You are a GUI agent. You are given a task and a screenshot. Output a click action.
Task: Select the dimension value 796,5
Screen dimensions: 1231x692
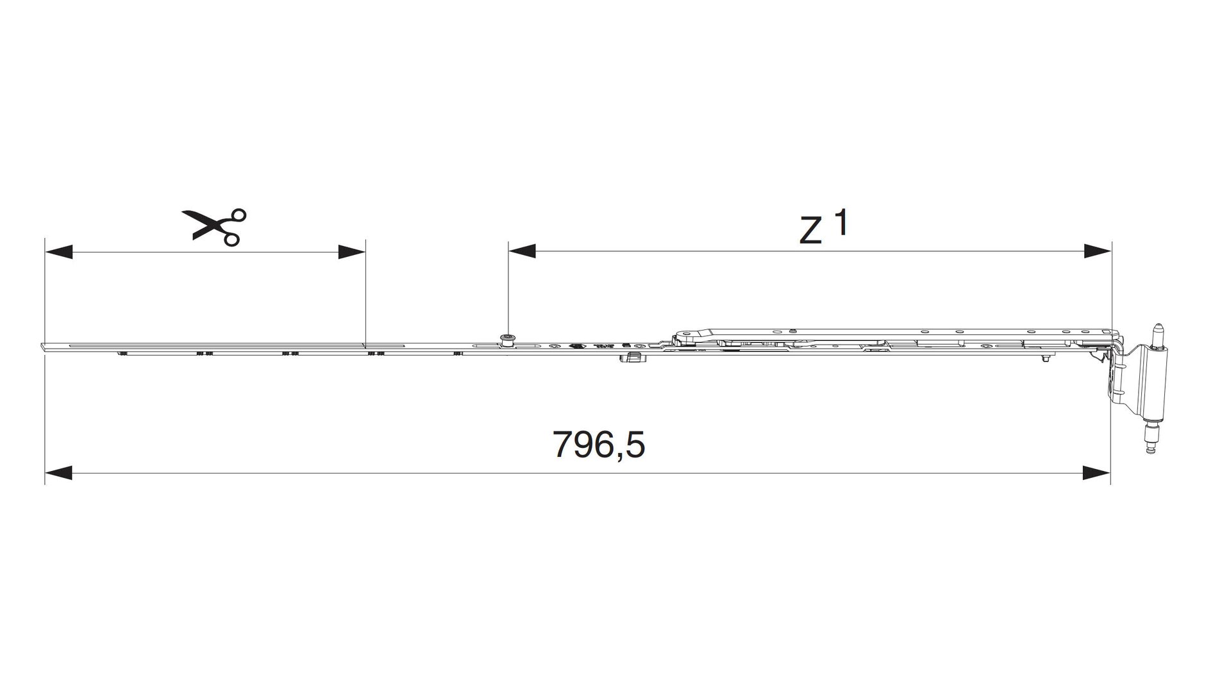599,444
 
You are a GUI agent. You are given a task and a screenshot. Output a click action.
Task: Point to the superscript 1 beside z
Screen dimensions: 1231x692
841,222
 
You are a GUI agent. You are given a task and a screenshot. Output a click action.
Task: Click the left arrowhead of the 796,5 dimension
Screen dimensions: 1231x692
58,474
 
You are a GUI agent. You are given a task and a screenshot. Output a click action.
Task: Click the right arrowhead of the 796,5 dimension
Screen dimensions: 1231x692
1097,474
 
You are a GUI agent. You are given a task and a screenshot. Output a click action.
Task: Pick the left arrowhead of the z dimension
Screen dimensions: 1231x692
522,251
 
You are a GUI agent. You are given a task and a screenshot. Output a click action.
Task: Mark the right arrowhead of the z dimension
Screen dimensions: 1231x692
1097,251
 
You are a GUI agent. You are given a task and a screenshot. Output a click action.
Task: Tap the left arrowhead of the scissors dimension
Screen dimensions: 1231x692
58,252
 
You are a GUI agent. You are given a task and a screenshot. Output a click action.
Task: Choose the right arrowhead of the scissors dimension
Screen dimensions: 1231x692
351,252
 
